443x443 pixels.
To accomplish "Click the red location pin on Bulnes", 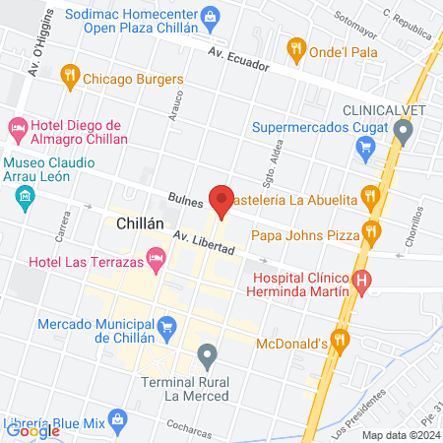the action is (x=221, y=200).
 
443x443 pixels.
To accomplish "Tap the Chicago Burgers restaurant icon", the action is (x=69, y=74).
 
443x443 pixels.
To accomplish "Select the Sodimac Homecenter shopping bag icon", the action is (x=211, y=17).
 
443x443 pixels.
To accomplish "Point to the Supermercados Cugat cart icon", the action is (x=365, y=150).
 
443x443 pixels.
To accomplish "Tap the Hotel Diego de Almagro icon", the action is (x=17, y=128).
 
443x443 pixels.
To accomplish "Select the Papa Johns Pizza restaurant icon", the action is (x=370, y=233).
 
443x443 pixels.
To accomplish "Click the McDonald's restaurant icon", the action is (x=340, y=341).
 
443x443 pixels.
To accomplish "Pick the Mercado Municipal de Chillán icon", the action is (x=167, y=325).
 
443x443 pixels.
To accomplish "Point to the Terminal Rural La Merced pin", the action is (x=207, y=353).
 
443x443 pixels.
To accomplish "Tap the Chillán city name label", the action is (x=139, y=223).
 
